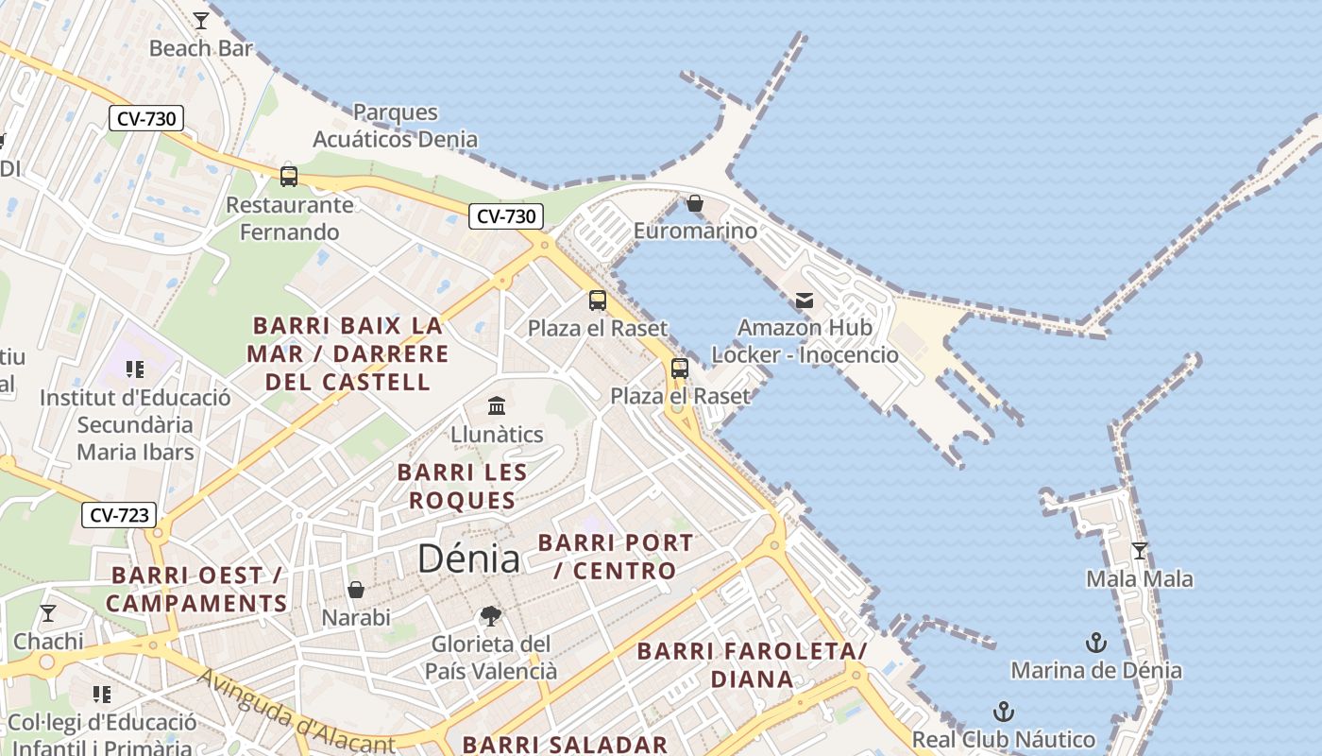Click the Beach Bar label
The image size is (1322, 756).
pos(201,47)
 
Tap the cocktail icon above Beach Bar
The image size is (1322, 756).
pos(201,20)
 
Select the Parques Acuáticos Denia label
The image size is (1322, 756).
pos(395,126)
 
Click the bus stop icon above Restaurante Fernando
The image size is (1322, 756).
pos(289,176)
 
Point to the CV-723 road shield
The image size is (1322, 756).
pos(119,515)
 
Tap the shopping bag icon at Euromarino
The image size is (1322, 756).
pos(695,203)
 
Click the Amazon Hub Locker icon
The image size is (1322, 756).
pos(805,301)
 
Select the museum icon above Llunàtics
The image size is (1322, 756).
pos(497,406)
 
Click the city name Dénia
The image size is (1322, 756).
pos(468,558)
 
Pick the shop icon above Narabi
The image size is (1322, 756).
pos(356,590)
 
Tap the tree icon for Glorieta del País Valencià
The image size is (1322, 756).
pos(490,616)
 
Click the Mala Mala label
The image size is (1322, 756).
pos(1139,578)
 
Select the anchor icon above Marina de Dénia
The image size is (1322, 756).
pos(1095,644)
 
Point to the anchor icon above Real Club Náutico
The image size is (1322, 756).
pos(1003,712)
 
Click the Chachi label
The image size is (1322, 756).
pos(48,642)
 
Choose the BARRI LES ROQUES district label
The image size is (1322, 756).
pos(462,486)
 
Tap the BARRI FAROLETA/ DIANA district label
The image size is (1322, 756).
pos(752,664)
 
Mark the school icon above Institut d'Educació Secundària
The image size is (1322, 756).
pos(134,369)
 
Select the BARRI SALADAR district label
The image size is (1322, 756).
pos(565,744)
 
